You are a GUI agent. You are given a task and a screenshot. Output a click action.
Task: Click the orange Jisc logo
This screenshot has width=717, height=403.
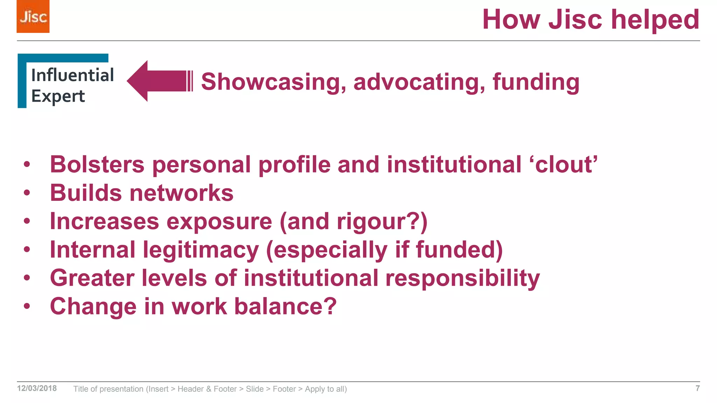(33, 16)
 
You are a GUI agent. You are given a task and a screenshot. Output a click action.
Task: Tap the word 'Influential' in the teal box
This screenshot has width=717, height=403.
(72, 75)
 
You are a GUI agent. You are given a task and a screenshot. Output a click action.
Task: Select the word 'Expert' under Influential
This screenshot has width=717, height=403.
(58, 96)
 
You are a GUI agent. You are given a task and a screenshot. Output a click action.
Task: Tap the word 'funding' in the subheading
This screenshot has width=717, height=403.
(536, 82)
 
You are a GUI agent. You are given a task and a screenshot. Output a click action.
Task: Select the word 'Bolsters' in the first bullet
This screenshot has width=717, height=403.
(97, 164)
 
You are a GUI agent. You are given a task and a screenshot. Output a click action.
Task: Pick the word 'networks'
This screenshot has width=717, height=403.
(181, 193)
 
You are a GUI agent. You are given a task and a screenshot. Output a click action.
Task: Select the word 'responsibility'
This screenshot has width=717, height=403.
(462, 278)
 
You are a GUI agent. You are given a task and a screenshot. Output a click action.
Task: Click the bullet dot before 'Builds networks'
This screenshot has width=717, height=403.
(27, 193)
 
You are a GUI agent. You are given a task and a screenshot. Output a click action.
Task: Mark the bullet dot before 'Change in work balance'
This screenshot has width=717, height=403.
(27, 306)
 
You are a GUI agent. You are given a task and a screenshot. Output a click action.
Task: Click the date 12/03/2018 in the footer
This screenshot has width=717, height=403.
(37, 388)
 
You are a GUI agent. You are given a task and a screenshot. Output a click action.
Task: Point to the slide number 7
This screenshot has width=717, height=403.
(697, 388)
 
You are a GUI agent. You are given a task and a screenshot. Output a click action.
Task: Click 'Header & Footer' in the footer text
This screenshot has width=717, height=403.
(207, 389)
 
